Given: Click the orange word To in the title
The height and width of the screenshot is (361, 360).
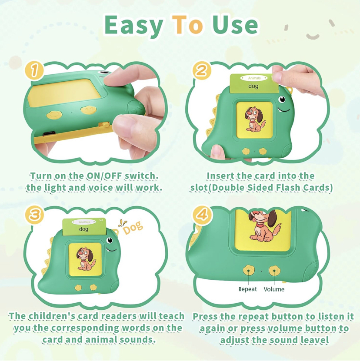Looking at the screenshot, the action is click(x=187, y=24).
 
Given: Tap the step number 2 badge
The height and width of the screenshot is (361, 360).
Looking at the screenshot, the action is click(x=201, y=70).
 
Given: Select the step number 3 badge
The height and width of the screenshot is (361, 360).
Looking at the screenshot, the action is click(x=34, y=215).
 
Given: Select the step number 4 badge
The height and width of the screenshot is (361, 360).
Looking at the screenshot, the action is click(x=202, y=215).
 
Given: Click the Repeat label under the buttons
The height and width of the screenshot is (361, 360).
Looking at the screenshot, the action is click(x=247, y=289).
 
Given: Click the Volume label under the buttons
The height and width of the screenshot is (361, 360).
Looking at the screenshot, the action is click(x=274, y=289).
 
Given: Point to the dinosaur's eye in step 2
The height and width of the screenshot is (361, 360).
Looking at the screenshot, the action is click(x=282, y=99).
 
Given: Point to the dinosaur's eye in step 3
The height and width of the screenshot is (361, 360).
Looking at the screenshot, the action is click(x=110, y=240).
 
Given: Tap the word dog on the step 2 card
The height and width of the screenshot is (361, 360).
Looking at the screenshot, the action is click(x=253, y=86).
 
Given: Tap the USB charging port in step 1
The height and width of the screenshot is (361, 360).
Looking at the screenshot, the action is click(x=49, y=133).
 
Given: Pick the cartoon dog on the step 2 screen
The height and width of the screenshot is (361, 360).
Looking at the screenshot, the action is click(x=255, y=119).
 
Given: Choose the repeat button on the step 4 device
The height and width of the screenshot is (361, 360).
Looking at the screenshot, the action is click(x=249, y=270).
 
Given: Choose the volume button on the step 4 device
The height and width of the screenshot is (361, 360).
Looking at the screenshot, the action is click(x=274, y=271).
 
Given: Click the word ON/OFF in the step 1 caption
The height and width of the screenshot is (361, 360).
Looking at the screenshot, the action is click(x=104, y=176).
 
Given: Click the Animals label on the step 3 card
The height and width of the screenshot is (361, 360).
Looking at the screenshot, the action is click(x=84, y=222).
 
